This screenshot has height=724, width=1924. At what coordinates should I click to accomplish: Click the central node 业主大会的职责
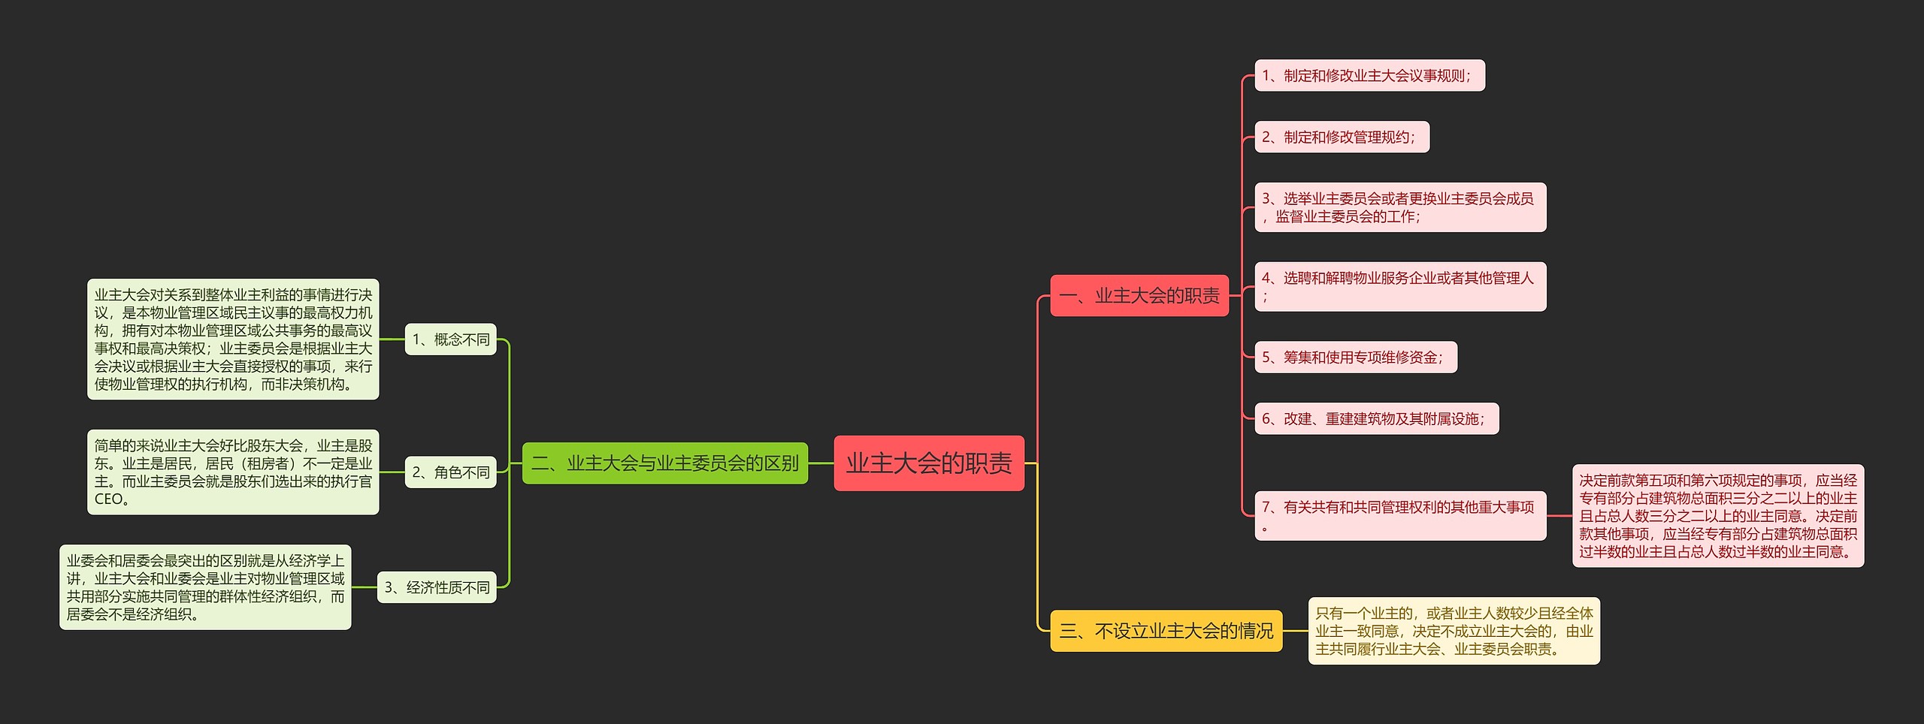tap(929, 463)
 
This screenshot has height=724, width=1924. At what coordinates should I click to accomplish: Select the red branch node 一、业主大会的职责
tap(1139, 296)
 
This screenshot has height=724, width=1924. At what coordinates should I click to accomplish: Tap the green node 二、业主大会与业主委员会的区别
tap(665, 463)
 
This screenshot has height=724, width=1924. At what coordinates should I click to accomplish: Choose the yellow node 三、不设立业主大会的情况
tap(1166, 631)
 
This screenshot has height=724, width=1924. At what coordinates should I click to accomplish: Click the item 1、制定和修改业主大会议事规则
tap(1369, 76)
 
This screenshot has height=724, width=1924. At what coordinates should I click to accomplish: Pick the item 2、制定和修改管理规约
tap(1342, 137)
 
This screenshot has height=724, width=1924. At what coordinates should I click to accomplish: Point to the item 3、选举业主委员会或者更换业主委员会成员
tap(1400, 207)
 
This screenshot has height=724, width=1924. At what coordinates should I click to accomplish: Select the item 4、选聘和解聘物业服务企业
tap(1400, 287)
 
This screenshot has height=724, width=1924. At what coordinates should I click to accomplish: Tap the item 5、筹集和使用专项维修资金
tap(1355, 357)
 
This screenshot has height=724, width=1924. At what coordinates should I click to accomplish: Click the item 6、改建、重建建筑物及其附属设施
tap(1376, 419)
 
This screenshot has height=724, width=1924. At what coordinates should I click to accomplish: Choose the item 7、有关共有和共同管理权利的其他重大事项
tap(1400, 516)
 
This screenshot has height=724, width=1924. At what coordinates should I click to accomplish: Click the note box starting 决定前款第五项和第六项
tap(1717, 516)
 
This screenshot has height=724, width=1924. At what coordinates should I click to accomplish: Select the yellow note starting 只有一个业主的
tap(1454, 631)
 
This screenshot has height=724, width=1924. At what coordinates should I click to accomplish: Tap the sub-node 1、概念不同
tap(450, 339)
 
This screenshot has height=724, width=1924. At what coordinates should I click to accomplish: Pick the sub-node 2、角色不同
tap(450, 472)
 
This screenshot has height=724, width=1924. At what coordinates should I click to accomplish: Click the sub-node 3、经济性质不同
tap(437, 587)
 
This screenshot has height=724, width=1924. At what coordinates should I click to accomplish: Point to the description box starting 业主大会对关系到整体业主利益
tap(233, 339)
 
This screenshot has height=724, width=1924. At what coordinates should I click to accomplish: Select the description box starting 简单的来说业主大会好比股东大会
tap(233, 472)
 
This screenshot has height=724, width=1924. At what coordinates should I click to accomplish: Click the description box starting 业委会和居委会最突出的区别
tap(205, 587)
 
